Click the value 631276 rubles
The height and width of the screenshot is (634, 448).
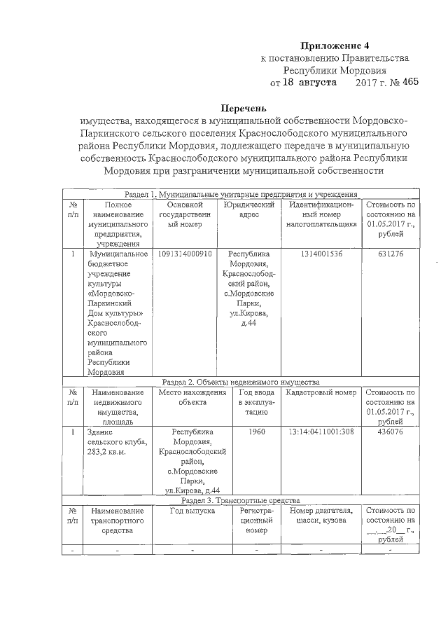pyautogui.click(x=390, y=254)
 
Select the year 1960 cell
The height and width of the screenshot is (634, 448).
pyautogui.click(x=257, y=432)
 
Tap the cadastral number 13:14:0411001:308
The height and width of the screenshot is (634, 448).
pyautogui.click(x=322, y=432)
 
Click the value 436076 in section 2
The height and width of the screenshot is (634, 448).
pyautogui.click(x=390, y=432)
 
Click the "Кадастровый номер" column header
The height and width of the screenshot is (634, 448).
pyautogui.click(x=322, y=393)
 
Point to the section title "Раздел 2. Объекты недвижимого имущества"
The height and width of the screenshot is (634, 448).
pyautogui.click(x=240, y=382)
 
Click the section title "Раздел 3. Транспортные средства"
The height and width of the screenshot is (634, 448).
pyautogui.click(x=240, y=500)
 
